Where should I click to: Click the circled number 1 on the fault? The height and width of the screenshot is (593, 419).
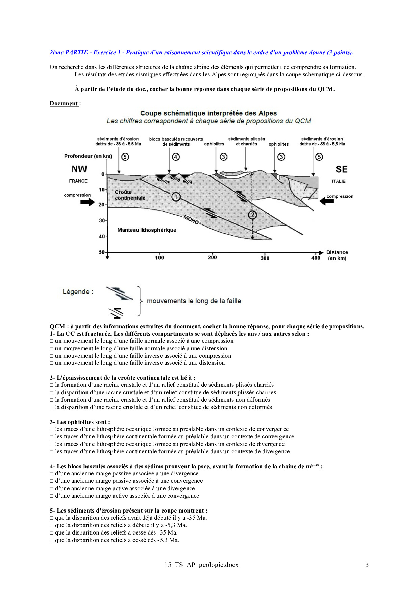click(176, 197)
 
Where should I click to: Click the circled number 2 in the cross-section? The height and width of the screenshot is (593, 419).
click(252, 215)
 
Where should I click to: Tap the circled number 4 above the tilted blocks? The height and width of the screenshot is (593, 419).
click(176, 157)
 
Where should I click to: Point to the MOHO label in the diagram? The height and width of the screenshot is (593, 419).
click(191, 220)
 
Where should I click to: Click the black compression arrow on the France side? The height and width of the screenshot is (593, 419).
click(87, 202)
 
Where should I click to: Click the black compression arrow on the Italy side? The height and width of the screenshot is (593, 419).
click(326, 201)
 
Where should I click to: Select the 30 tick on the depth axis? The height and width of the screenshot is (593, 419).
click(102, 220)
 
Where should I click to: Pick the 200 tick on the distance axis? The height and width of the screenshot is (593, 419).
click(212, 257)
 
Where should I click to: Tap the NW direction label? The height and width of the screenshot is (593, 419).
click(79, 169)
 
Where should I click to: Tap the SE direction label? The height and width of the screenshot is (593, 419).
click(341, 169)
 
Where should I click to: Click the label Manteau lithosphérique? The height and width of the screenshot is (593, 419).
click(147, 230)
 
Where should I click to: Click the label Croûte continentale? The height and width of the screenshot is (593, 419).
click(130, 195)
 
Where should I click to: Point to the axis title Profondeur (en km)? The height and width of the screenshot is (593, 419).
click(88, 156)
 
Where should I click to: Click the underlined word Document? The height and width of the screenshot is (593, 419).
click(64, 103)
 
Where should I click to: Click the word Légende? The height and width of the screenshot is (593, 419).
click(76, 292)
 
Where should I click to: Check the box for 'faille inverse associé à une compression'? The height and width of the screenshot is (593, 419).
click(52, 356)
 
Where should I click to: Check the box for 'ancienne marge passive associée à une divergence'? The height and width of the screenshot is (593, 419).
click(52, 474)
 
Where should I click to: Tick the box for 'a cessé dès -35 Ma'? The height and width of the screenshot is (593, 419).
click(52, 533)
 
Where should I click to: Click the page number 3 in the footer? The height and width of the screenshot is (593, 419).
click(367, 565)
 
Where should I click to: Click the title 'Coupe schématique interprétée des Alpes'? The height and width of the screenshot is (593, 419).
click(208, 113)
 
